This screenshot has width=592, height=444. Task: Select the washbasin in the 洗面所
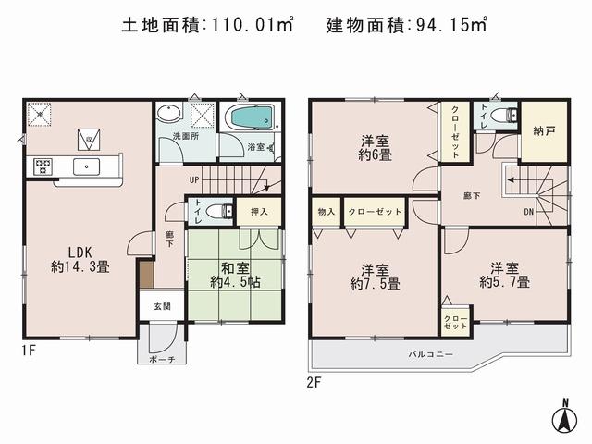click(x=169, y=115)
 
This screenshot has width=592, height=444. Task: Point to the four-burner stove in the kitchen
click(x=43, y=167)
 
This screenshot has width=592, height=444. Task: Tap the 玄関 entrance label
click(x=161, y=306)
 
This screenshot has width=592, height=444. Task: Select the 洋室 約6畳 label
click(x=375, y=147)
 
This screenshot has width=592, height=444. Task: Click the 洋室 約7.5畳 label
click(x=375, y=277)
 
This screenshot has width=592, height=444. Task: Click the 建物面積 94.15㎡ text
click(x=406, y=25)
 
